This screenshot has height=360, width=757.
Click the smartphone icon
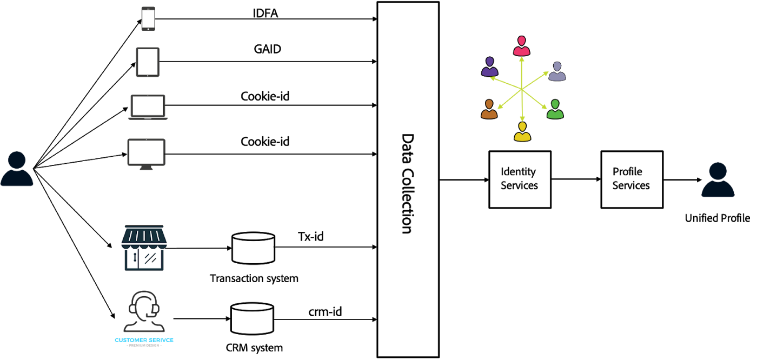(x=148, y=18)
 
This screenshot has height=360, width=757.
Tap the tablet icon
(x=148, y=62)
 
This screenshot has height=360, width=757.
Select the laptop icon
(x=148, y=107)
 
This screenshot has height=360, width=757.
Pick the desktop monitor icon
(x=146, y=154)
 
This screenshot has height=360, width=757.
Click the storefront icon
(x=144, y=248)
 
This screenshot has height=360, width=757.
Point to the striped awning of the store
(x=144, y=237)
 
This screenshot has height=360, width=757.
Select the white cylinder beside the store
(x=253, y=248)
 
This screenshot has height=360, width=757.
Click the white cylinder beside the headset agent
(x=252, y=318)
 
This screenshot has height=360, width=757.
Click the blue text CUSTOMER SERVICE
(x=144, y=340)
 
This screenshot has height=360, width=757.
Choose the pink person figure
(x=521, y=46)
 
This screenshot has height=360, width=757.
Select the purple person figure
(x=489, y=67)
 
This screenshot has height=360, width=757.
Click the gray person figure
(x=557, y=71)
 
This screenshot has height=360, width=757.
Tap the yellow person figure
(x=522, y=132)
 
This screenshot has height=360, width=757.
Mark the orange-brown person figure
(x=489, y=109)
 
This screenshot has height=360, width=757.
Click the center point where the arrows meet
(x=522, y=89)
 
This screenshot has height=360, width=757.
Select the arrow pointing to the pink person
(x=522, y=72)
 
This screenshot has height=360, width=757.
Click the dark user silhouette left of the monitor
(x=17, y=169)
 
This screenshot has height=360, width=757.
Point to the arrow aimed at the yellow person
(x=522, y=106)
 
